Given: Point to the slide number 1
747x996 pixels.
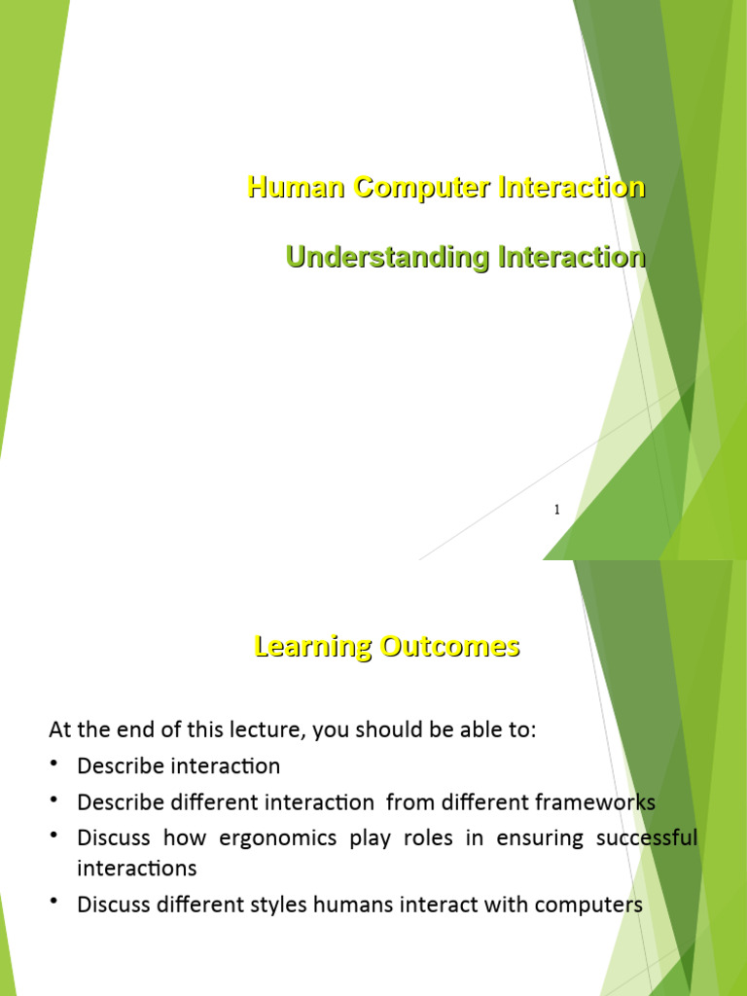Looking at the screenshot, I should (556, 510).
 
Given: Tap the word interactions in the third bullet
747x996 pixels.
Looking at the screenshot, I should (136, 868).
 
